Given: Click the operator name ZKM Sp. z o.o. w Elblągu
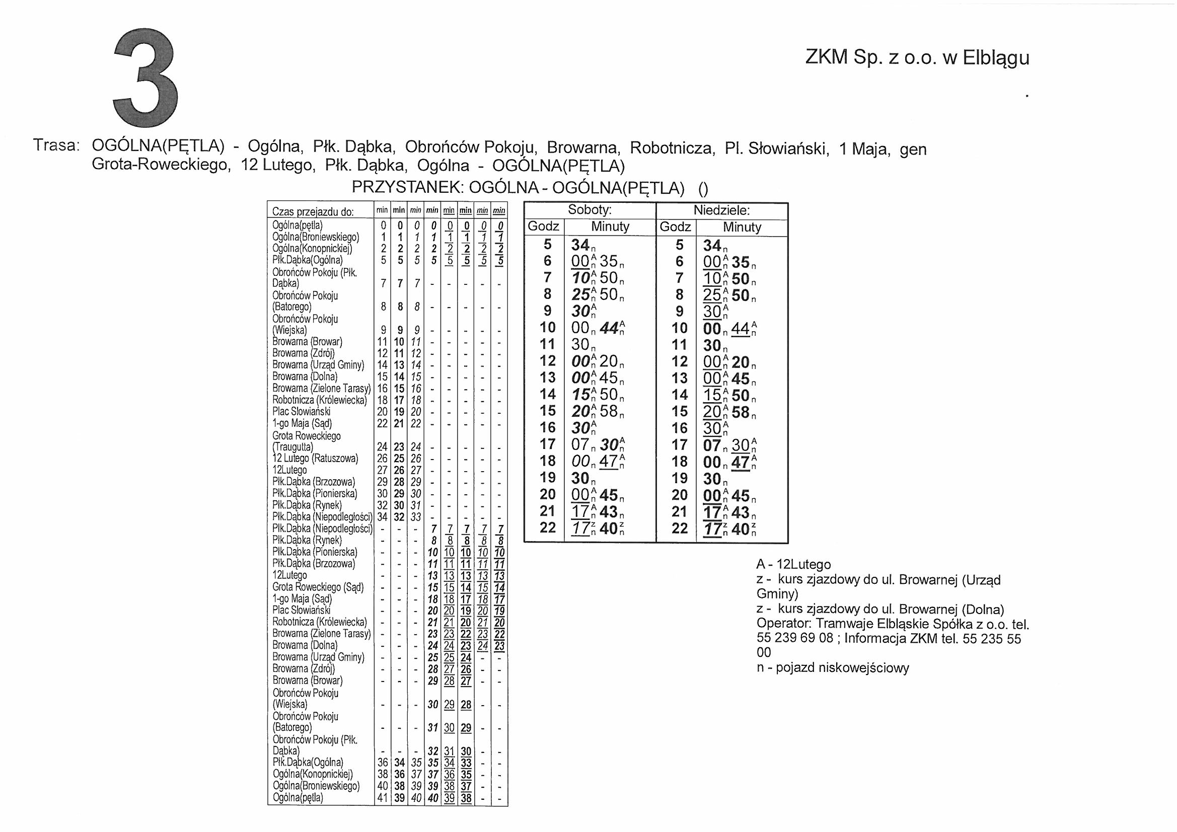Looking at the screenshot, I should tap(917, 57).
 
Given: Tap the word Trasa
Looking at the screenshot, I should tap(56, 145).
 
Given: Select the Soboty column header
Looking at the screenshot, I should tap(590, 210).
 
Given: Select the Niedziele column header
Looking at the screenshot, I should tap(721, 210).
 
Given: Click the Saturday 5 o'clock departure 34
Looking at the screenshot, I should tap(580, 246).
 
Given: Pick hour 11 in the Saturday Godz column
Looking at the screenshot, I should tap(547, 344).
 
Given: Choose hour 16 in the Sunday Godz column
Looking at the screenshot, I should tap(679, 427).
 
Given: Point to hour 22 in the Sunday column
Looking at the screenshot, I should tap(679, 527).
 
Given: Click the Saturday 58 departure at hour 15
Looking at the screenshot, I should tap(609, 411).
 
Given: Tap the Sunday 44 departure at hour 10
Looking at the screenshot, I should tap(740, 328).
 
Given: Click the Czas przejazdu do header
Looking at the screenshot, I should tap(313, 212).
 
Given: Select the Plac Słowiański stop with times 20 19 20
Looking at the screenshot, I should tap(302, 412).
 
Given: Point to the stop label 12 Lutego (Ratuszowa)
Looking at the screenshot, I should tap(315, 459).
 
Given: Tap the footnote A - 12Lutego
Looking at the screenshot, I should tap(793, 565).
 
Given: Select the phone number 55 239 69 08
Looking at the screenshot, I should tap(794, 639).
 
